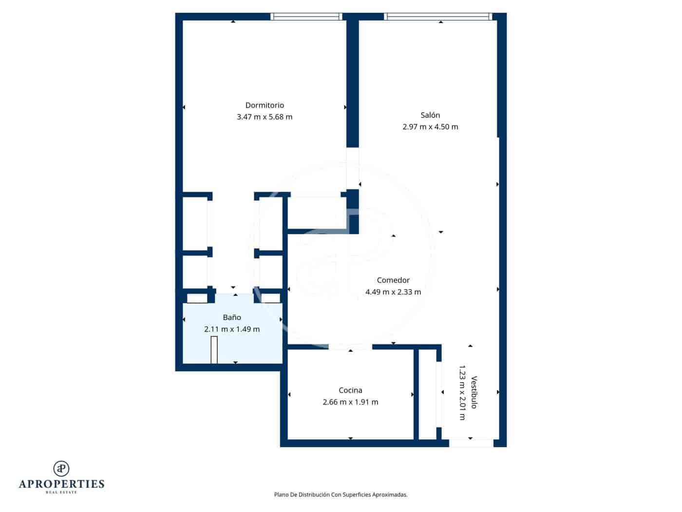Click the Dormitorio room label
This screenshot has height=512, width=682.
(265, 105)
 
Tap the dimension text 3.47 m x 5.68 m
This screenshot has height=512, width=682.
(265, 117)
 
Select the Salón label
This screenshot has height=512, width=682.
(430, 116)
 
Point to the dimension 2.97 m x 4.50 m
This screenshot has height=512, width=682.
(430, 127)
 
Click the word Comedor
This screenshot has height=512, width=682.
(393, 280)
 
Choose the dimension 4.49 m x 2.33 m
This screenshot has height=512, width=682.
(393, 292)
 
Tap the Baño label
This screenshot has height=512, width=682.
(232, 317)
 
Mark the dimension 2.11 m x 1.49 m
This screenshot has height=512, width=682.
(232, 329)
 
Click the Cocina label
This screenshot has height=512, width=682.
(350, 391)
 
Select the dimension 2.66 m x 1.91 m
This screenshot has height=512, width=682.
(350, 402)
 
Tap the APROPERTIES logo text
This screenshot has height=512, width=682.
(61, 484)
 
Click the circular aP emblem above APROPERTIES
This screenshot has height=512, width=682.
(61, 469)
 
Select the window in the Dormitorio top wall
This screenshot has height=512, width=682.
(306, 17)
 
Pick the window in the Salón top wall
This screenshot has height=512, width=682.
(436, 17)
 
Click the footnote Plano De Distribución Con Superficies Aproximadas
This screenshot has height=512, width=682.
(341, 494)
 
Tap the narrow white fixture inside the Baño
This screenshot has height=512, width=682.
(214, 350)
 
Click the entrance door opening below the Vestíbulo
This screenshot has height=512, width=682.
(471, 443)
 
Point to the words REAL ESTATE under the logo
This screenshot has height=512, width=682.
(61, 492)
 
